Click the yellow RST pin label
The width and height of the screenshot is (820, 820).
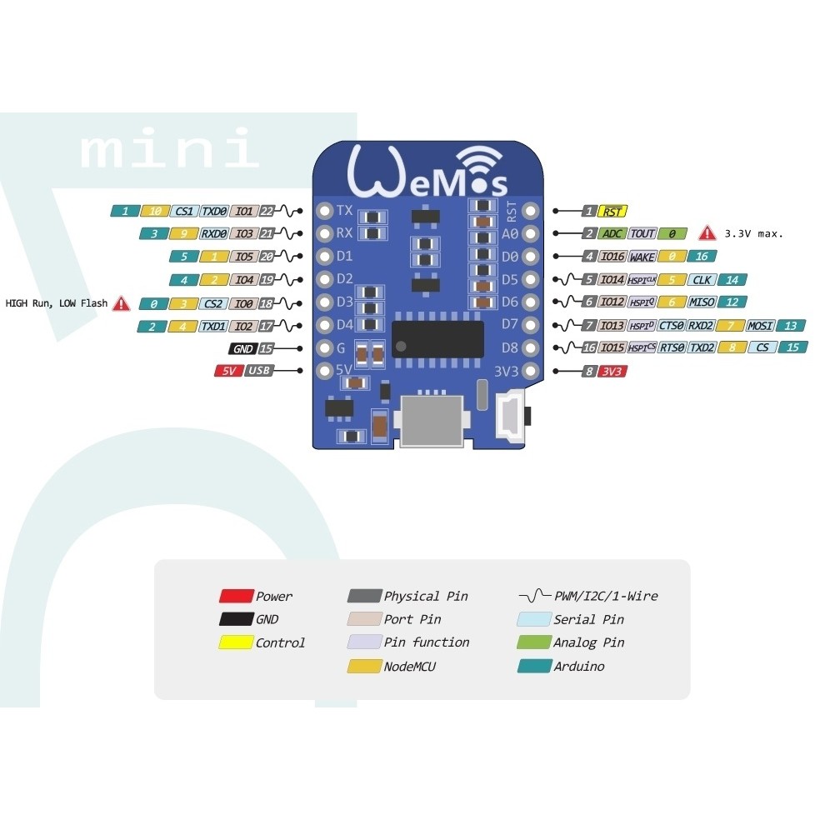tap(614, 212)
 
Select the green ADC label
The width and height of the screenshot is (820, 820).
tap(611, 234)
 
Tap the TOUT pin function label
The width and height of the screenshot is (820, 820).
tap(642, 234)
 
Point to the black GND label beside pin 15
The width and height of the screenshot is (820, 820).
tap(242, 349)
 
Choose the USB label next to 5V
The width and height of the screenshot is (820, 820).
tap(259, 371)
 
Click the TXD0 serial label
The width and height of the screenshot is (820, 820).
tap(213, 212)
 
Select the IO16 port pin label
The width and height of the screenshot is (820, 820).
tap(612, 257)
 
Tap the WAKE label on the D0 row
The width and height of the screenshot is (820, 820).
tap(642, 257)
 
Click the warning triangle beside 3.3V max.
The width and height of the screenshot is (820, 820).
tap(707, 233)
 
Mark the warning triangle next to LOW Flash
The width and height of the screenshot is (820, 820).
tap(122, 303)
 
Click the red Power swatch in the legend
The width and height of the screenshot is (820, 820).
tap(236, 596)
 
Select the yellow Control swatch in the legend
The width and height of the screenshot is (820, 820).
tap(236, 642)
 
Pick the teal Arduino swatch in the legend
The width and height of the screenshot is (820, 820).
tap(533, 666)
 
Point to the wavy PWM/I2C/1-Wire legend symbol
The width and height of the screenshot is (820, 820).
tap(534, 596)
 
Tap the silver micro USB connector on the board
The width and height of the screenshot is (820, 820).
tap(432, 421)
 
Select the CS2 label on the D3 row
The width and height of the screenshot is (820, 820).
tap(212, 303)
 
